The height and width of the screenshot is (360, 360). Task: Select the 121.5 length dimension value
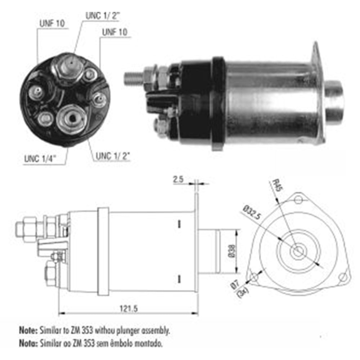[128, 308]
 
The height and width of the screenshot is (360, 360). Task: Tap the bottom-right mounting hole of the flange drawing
[343, 277]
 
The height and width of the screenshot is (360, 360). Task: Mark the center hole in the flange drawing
[298, 252]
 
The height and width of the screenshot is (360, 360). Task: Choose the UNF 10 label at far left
[51, 24]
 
